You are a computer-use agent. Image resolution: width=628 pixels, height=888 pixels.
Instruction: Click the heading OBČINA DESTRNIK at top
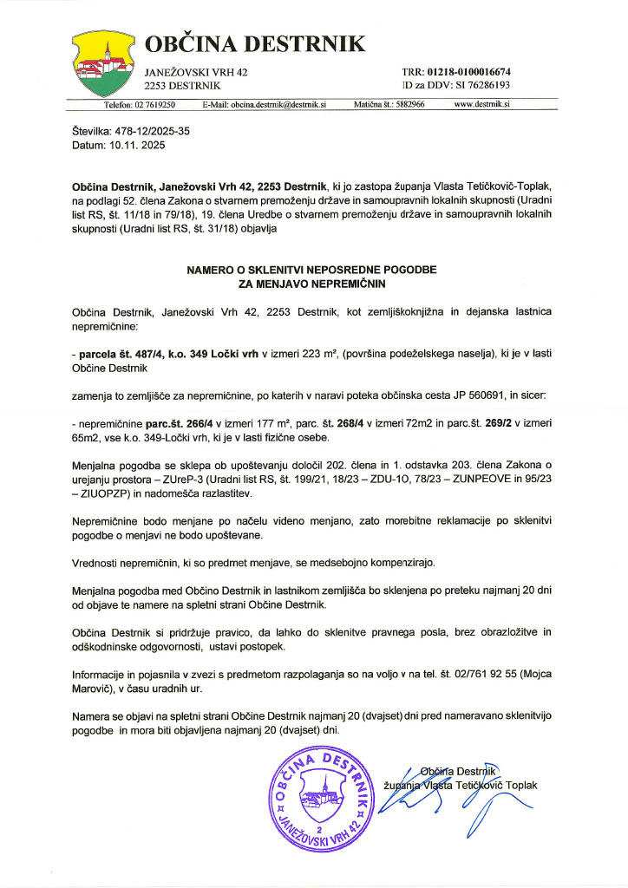(254, 44)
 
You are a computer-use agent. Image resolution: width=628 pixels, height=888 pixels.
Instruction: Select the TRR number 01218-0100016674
(468, 71)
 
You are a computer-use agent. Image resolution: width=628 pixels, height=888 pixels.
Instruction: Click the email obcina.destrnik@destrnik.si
(276, 104)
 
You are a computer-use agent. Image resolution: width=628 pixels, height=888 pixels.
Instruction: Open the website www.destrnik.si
(481, 104)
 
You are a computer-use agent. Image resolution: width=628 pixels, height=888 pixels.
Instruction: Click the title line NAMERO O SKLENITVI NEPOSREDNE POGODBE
(314, 270)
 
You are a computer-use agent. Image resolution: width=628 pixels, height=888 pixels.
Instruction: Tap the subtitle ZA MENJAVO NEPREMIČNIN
(314, 283)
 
